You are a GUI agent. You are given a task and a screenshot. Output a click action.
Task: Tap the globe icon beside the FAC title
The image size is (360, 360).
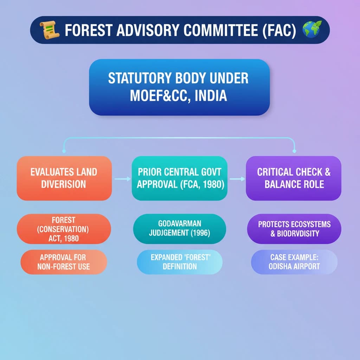[x=312, y=30]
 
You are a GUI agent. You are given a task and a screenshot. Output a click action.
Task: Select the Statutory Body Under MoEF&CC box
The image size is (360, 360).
[x=179, y=87]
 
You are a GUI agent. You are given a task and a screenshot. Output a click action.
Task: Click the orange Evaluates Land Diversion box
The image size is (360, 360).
[x=64, y=178]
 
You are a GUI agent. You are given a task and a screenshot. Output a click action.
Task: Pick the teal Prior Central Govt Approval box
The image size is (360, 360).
[x=179, y=178]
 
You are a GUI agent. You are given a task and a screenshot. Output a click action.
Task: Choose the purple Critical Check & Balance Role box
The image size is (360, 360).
[x=294, y=178]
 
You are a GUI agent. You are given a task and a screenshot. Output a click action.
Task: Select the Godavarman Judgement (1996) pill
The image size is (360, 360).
[x=179, y=229]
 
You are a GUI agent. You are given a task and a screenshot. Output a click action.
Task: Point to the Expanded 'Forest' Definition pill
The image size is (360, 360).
[x=179, y=262]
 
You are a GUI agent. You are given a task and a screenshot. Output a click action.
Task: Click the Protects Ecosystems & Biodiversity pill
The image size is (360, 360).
[x=294, y=229]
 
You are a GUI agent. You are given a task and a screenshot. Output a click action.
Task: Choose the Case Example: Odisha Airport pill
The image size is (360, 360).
[x=294, y=262]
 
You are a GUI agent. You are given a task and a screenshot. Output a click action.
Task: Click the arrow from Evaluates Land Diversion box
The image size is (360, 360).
[x=122, y=179]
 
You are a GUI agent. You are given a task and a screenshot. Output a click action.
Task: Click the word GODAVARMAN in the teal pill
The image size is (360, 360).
[x=180, y=224]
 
